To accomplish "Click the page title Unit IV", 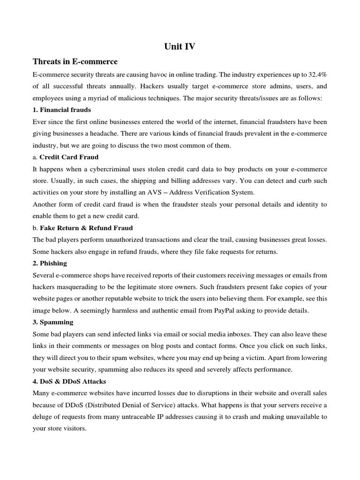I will point(180,46).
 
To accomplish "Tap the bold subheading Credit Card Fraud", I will point(69,157).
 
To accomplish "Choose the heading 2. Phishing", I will point(49,263).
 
